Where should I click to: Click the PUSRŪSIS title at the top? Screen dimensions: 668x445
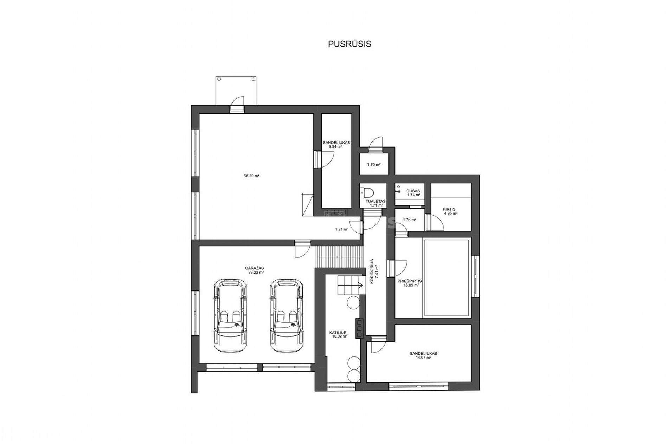click(349, 44)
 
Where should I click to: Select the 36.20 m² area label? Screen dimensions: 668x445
click(251, 176)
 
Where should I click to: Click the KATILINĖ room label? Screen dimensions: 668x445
click(338, 332)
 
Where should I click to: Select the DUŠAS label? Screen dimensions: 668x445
click(413, 191)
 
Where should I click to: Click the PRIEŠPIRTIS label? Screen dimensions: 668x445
click(410, 281)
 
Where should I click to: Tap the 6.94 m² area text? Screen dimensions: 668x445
click(335, 147)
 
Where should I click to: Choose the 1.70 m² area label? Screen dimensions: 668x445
click(374, 164)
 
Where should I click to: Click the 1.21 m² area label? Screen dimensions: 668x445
click(342, 229)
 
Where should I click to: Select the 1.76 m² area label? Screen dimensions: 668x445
click(410, 220)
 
